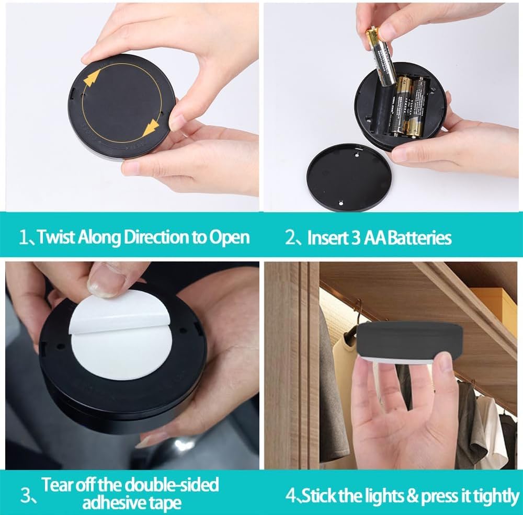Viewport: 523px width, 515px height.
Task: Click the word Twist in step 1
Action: tap(55, 237)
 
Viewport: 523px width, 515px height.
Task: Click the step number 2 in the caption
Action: tap(291, 238)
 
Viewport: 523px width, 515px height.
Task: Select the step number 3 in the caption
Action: tap(26, 495)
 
